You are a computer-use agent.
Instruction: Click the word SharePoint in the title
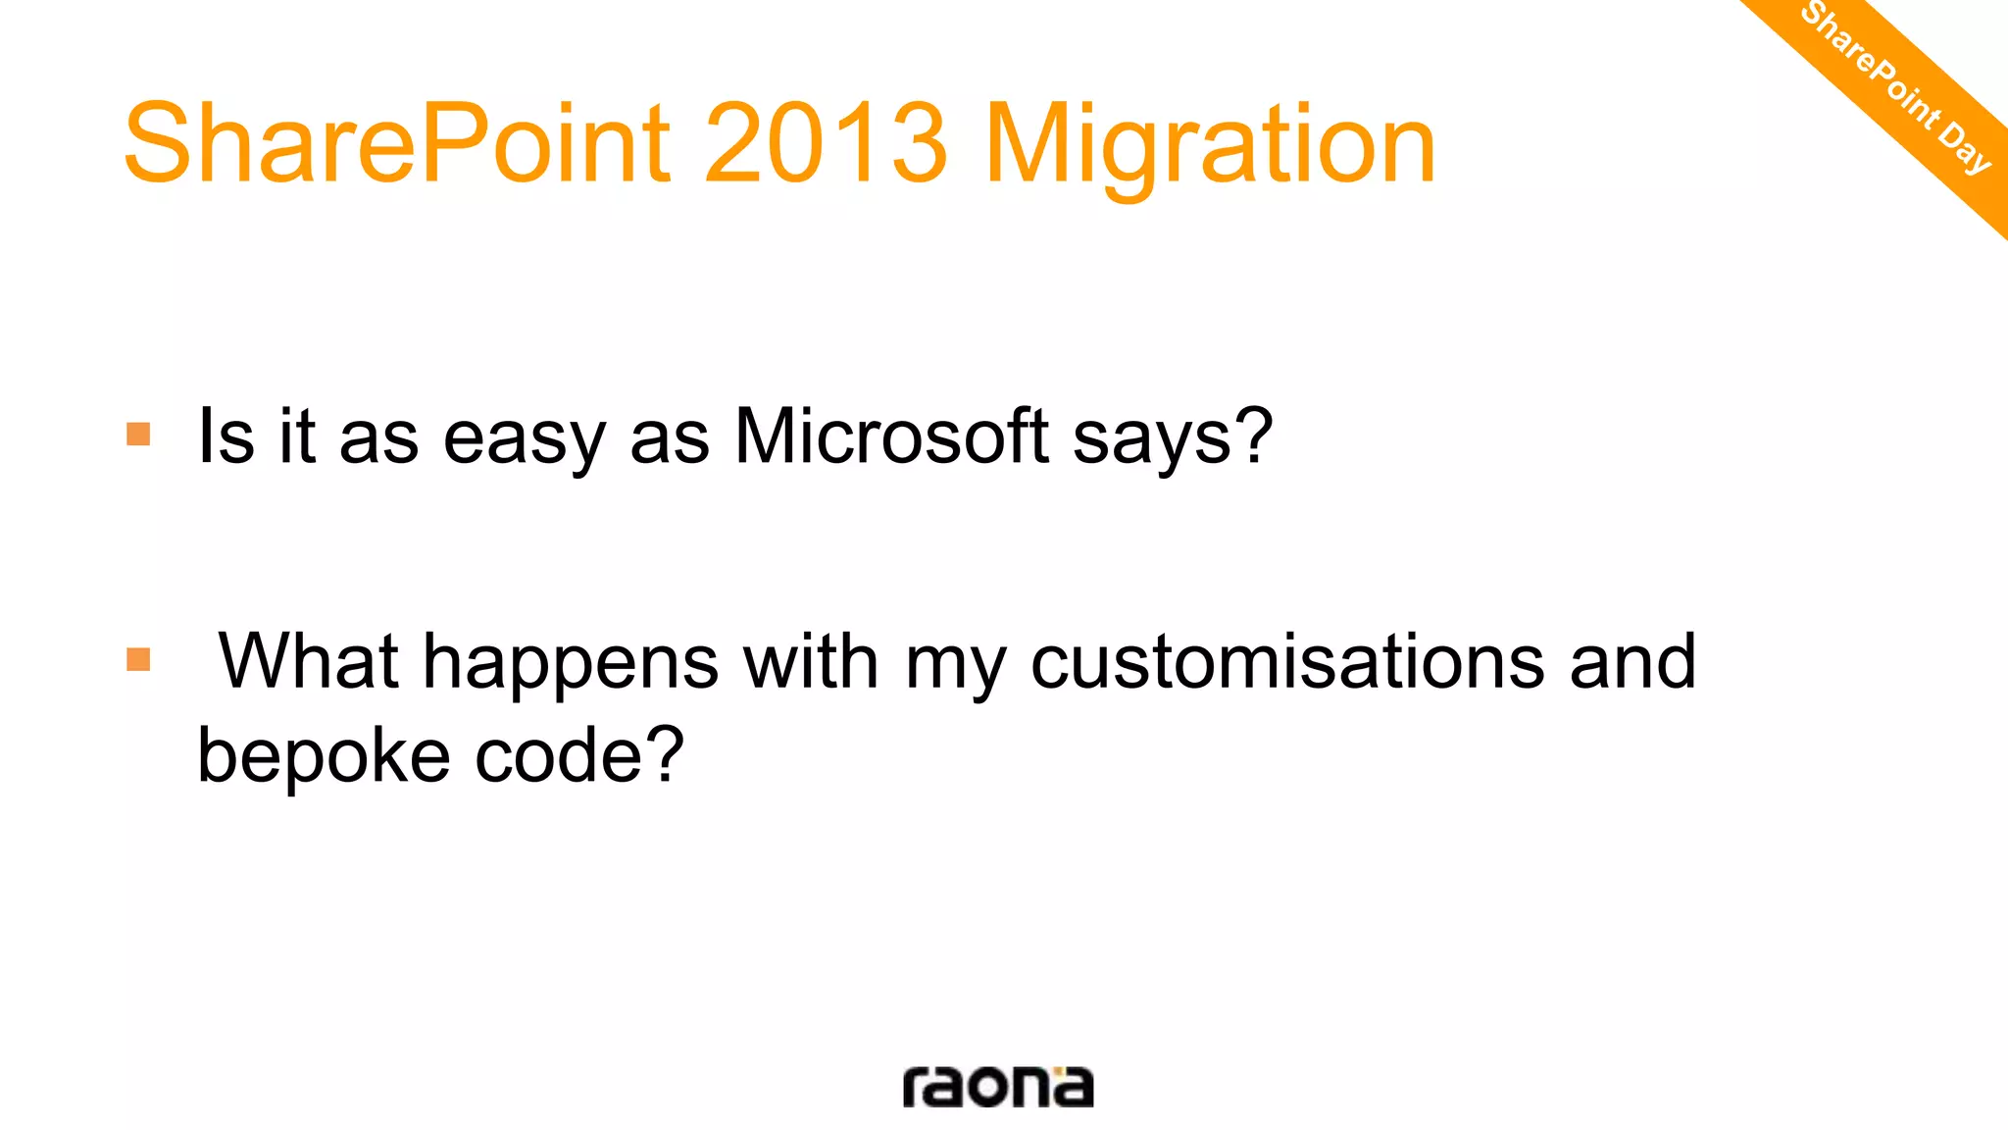(x=397, y=144)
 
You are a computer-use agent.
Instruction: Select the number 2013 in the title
(x=826, y=144)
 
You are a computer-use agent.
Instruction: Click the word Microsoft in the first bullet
(x=891, y=436)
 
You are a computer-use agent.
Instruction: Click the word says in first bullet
(x=1151, y=439)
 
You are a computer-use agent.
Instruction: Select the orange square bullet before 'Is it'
(x=138, y=434)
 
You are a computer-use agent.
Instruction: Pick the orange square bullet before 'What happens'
(x=138, y=659)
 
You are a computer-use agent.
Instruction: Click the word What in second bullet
(x=308, y=660)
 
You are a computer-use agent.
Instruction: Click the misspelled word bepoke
(x=324, y=757)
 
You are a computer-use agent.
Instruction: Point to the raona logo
(x=997, y=1086)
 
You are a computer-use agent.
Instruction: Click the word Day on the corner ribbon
(x=1965, y=146)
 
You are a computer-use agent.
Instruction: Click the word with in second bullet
(x=811, y=661)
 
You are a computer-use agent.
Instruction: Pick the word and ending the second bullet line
(x=1632, y=661)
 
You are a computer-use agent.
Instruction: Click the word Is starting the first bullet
(x=226, y=436)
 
